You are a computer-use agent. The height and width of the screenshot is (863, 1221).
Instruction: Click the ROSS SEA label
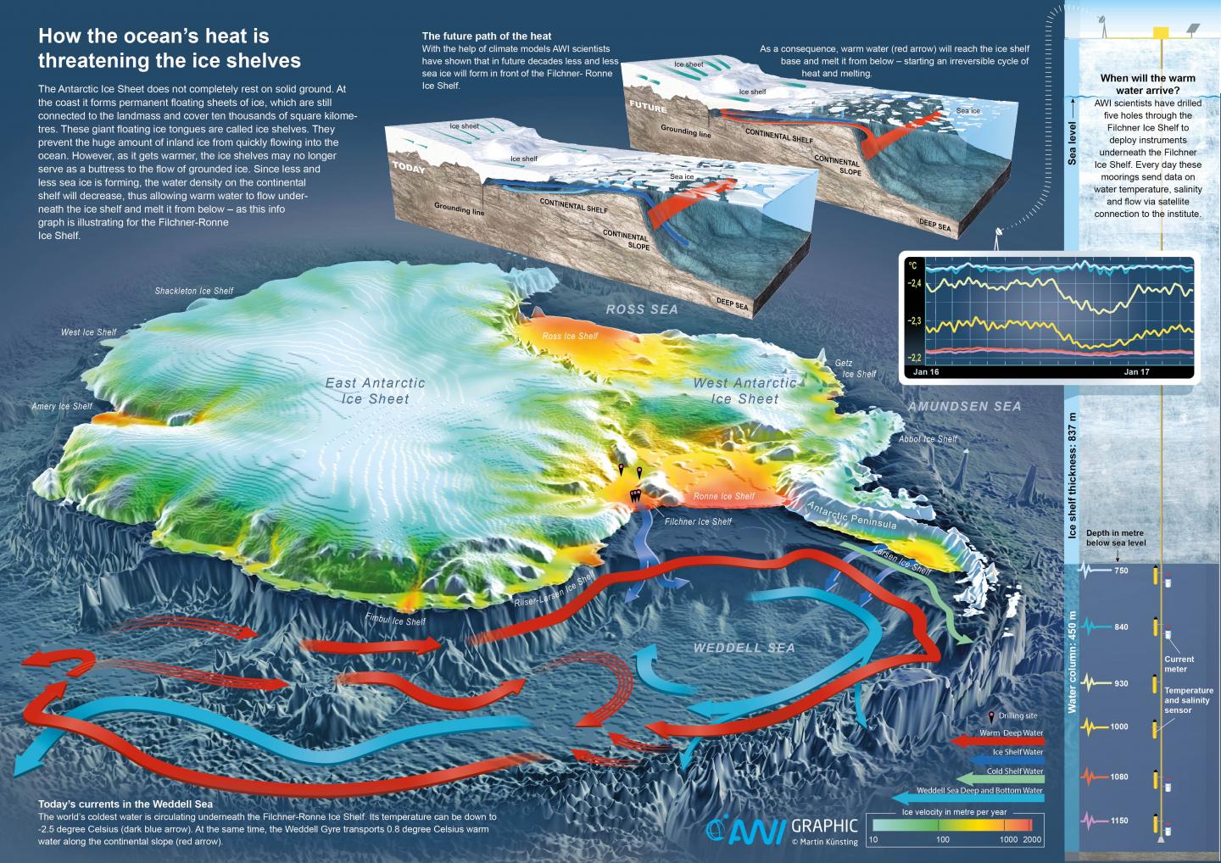(x=642, y=309)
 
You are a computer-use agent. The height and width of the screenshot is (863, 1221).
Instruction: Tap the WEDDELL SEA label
(x=744, y=648)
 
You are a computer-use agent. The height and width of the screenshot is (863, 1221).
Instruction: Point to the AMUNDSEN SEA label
(x=964, y=407)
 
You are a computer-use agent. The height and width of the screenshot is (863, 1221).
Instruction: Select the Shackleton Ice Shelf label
(x=193, y=291)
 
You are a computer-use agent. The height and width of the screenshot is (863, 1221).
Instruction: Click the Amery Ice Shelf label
(x=62, y=407)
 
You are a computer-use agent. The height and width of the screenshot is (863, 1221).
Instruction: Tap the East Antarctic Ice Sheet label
(x=375, y=391)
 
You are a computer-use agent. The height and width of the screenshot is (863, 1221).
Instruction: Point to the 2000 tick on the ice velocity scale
(x=1031, y=839)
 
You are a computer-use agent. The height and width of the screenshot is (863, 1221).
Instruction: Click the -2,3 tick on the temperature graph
(x=914, y=321)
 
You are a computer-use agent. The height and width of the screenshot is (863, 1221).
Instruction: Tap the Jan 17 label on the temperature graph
(x=1136, y=372)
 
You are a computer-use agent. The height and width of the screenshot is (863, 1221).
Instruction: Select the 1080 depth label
(x=1120, y=777)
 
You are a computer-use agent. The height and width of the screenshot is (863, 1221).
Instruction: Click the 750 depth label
(x=1120, y=571)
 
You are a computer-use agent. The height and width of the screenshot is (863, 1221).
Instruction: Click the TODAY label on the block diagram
(x=408, y=168)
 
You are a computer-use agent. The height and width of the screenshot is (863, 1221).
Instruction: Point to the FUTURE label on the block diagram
(x=648, y=108)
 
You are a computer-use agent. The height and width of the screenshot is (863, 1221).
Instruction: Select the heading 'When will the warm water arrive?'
(x=1147, y=84)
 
